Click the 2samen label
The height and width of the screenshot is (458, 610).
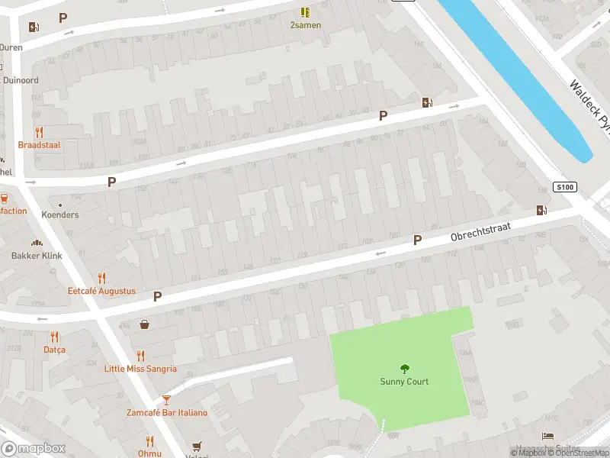(305, 24)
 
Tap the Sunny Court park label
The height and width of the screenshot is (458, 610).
(404, 382)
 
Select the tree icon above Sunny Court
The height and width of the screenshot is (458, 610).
(404, 368)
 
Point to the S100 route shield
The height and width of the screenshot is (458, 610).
(564, 187)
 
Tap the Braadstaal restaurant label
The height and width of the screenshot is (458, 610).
(39, 144)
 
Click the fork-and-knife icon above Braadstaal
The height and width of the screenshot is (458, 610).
(39, 131)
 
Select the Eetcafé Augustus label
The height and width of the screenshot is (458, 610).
(101, 291)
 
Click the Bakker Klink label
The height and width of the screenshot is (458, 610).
(37, 256)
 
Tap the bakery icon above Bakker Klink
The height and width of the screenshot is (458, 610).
(36, 243)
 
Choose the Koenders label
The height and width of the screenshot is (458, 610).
(59, 214)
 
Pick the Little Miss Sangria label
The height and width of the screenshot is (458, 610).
(140, 369)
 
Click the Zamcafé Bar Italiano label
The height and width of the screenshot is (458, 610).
(166, 413)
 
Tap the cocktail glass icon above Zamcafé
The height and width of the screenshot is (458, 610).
(166, 399)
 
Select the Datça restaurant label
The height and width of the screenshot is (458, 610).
(54, 350)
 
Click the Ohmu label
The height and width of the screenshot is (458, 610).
(149, 453)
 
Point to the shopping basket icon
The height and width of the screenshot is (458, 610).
(144, 324)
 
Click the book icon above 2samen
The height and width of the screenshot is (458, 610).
(305, 12)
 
